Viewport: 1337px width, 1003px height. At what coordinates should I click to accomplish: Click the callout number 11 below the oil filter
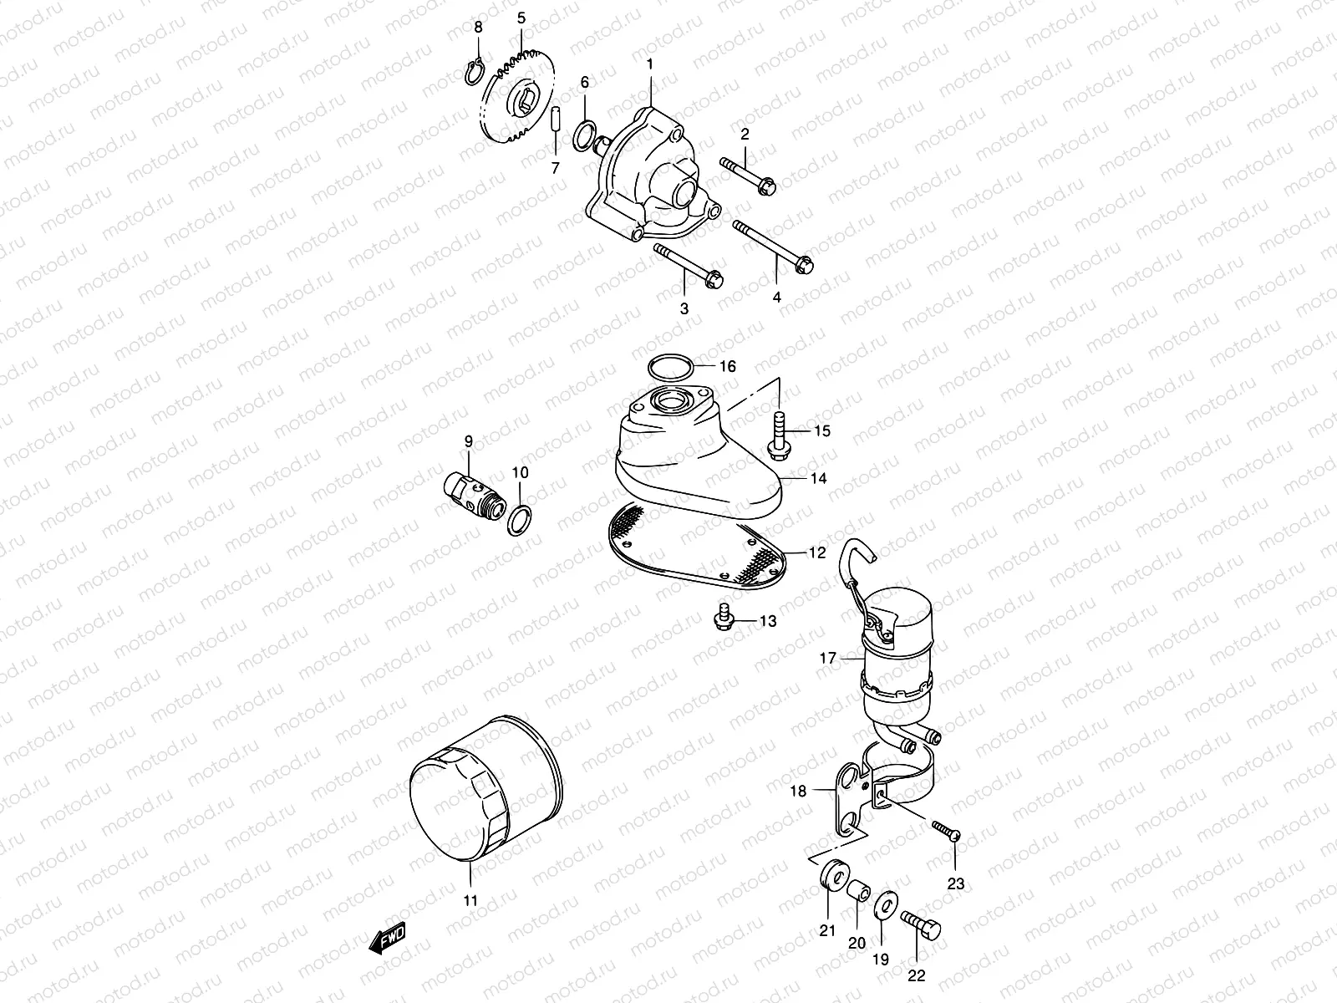(470, 900)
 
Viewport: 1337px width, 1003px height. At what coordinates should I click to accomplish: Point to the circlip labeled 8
(474, 74)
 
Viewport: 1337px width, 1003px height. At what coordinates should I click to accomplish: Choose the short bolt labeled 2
(747, 174)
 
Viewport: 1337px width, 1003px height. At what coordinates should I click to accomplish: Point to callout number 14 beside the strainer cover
(817, 478)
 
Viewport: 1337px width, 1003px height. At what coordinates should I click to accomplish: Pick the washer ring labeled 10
(519, 522)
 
